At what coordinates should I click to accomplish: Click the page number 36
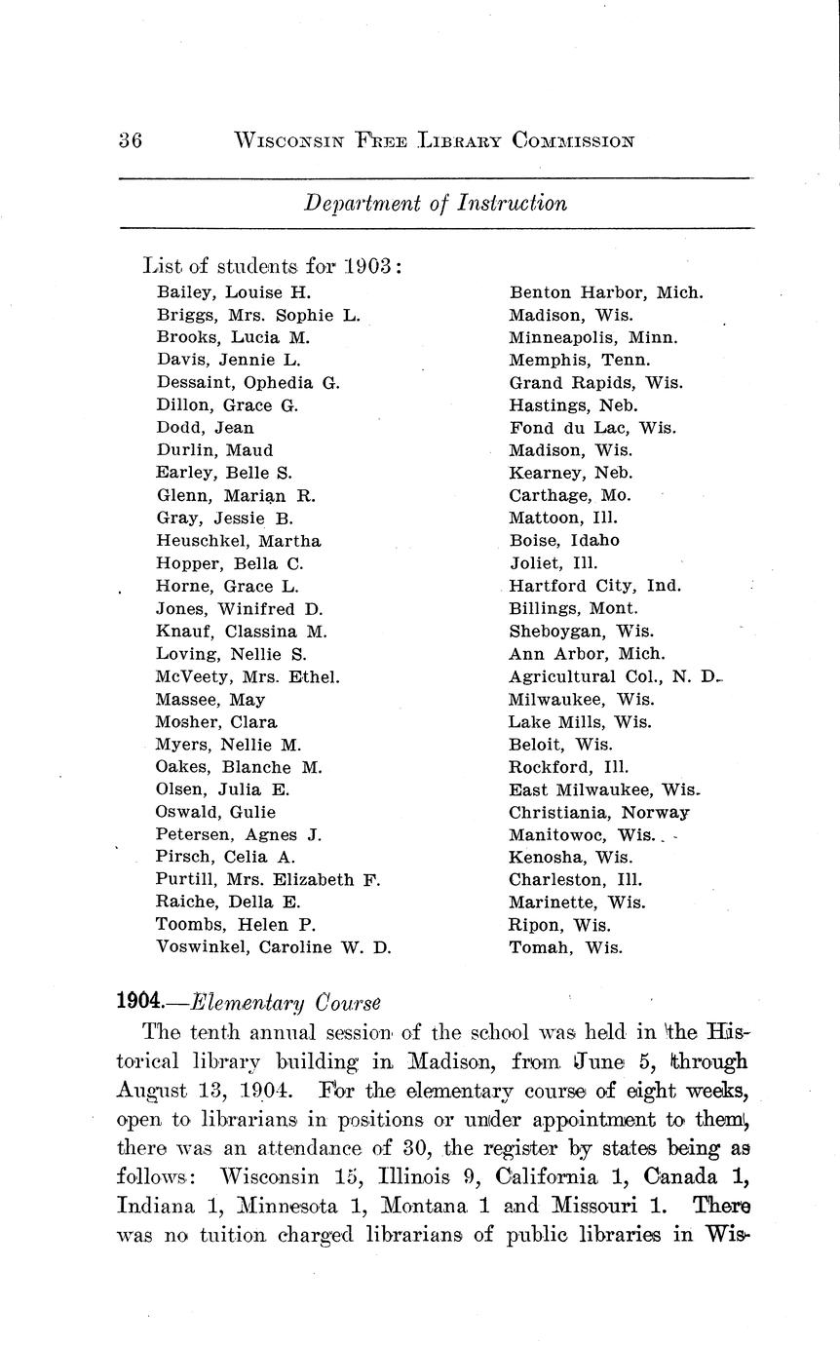click(x=131, y=140)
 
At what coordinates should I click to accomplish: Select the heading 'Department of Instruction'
click(x=436, y=204)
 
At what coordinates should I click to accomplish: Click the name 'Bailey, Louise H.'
click(x=233, y=292)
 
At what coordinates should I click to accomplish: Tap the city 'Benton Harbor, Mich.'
click(x=605, y=292)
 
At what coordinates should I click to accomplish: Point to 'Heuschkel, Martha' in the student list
click(x=238, y=541)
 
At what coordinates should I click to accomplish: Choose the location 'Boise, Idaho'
click(x=564, y=541)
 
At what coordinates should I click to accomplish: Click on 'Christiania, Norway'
click(x=598, y=812)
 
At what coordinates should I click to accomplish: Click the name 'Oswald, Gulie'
click(x=215, y=812)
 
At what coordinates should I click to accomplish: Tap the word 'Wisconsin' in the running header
click(x=289, y=140)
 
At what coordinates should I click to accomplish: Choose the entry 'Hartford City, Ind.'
click(x=595, y=587)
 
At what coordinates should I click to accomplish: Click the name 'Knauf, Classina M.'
click(x=241, y=632)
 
